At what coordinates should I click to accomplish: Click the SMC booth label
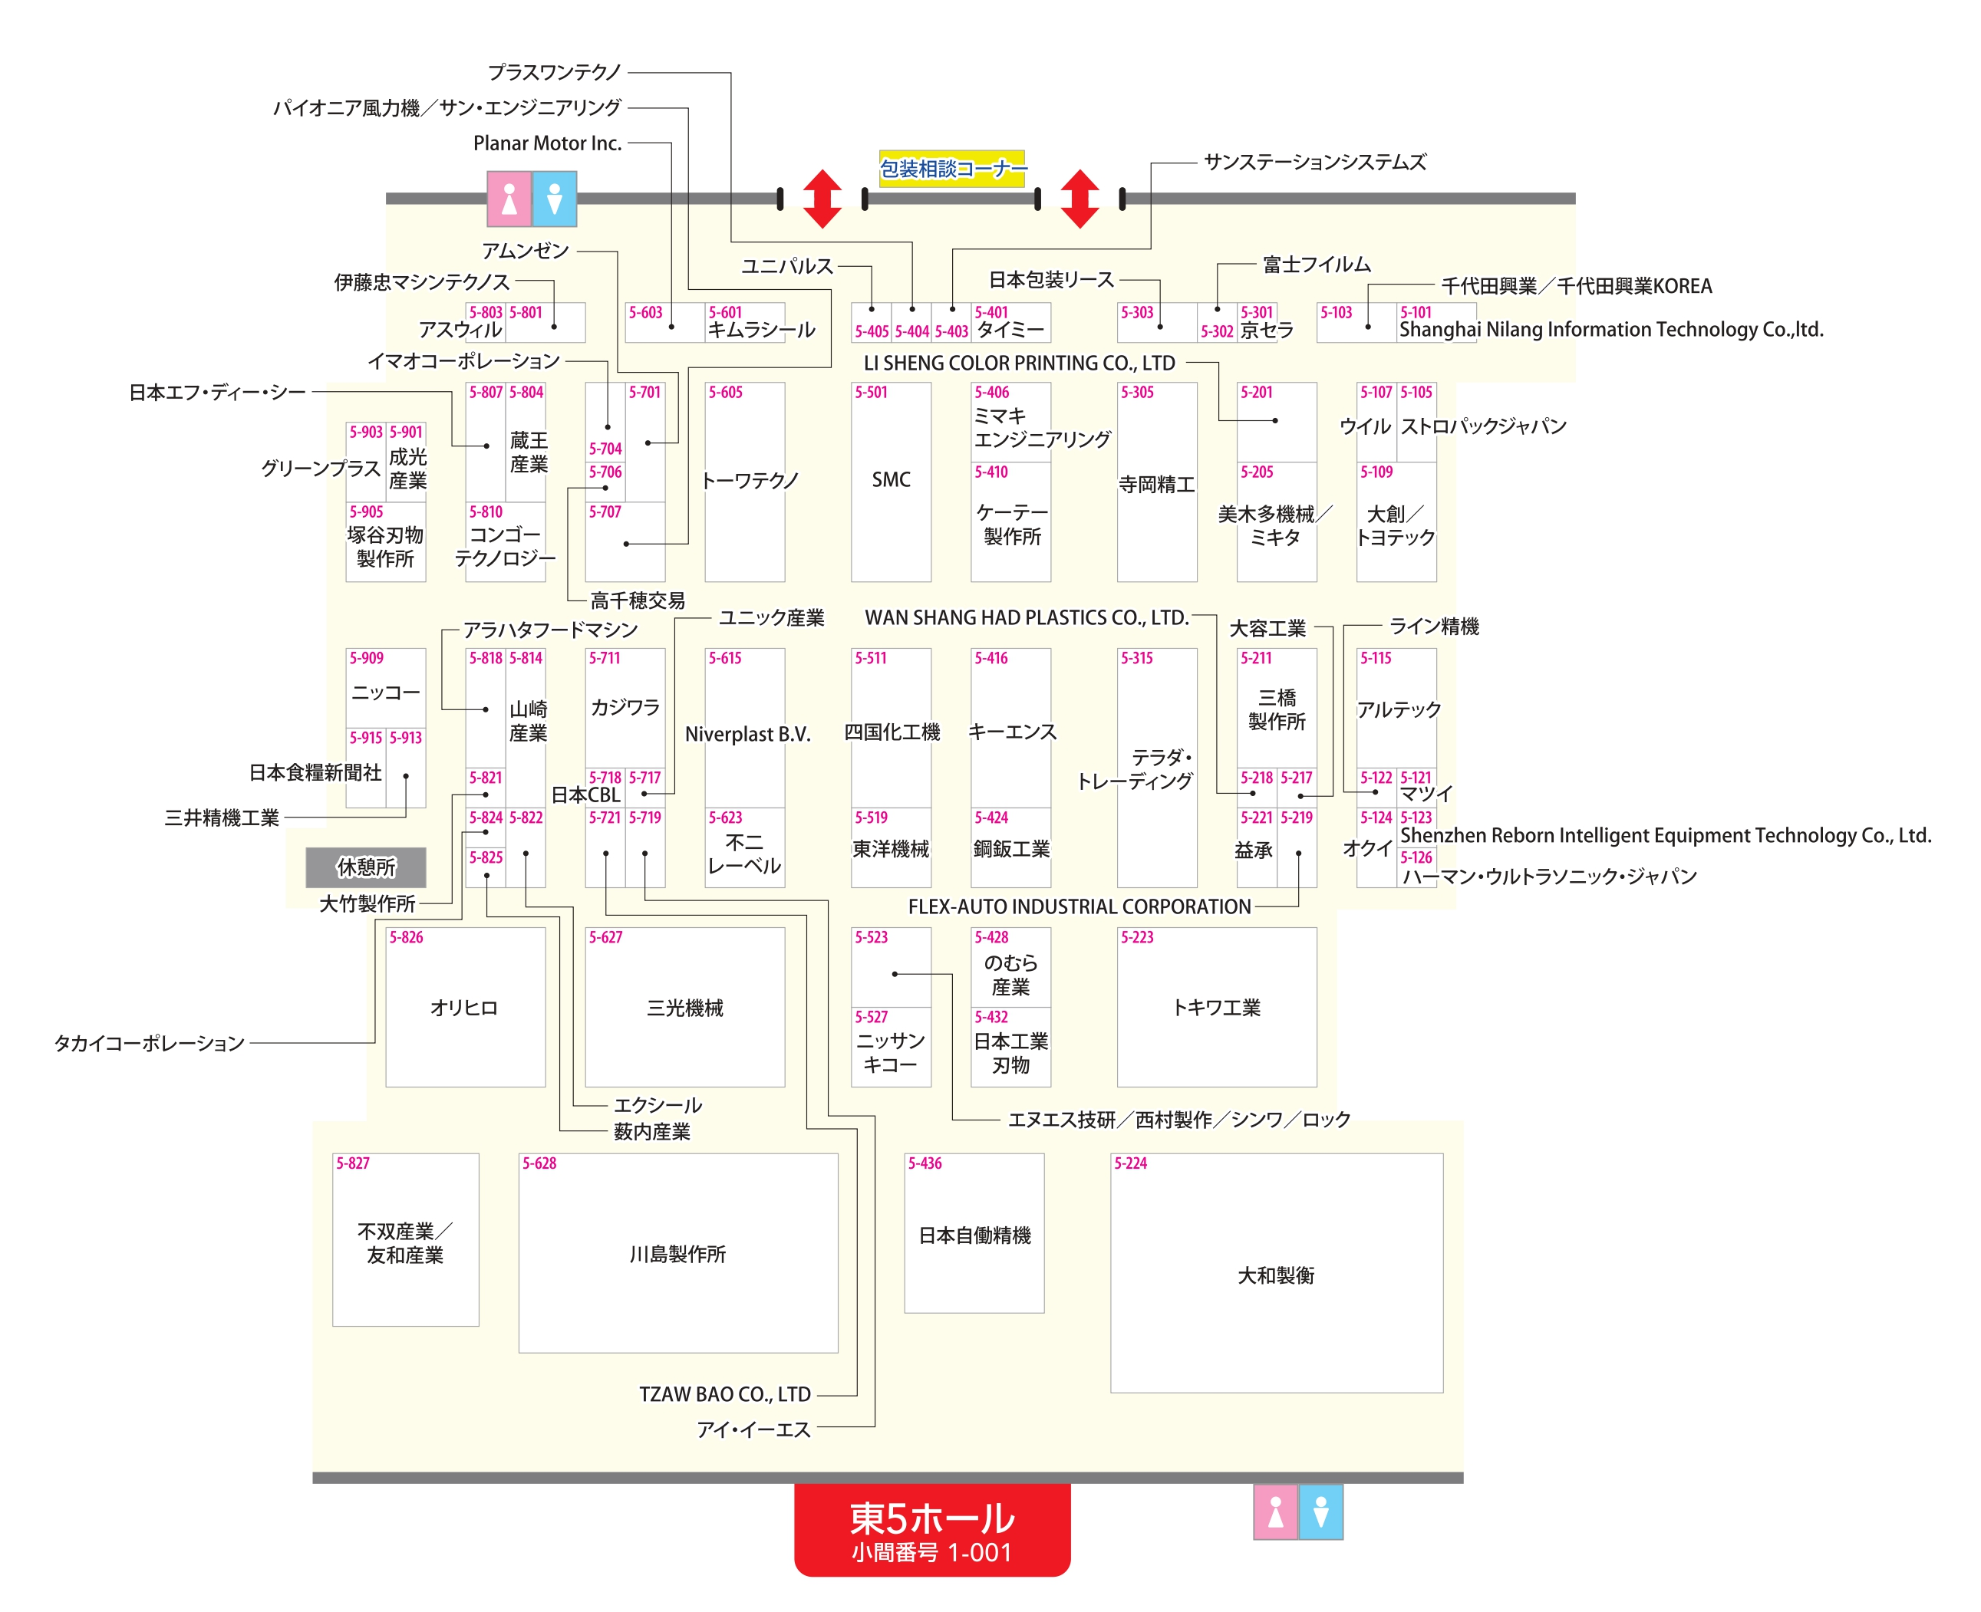click(890, 479)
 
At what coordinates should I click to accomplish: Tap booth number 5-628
click(539, 1163)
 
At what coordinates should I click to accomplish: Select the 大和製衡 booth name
click(1275, 1275)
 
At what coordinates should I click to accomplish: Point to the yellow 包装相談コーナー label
click(951, 168)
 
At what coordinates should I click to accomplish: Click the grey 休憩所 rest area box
click(366, 867)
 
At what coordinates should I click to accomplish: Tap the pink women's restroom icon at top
click(509, 199)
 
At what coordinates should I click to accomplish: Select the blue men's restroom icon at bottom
click(1320, 1512)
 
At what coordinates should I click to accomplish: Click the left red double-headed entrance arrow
click(822, 199)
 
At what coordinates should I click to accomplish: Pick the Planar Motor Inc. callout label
click(547, 143)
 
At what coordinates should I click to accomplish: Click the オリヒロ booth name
click(463, 1008)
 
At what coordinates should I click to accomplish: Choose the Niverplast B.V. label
click(747, 734)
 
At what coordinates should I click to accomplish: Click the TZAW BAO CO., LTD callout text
click(724, 1393)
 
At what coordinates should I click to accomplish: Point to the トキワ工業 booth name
click(1216, 1008)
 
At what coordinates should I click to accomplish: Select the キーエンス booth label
click(1011, 732)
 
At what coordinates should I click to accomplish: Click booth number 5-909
click(366, 657)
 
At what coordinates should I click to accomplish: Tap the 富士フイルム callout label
click(1316, 265)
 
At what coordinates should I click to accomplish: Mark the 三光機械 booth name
click(684, 1008)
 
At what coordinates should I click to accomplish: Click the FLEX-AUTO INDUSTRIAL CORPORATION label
click(1079, 906)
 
